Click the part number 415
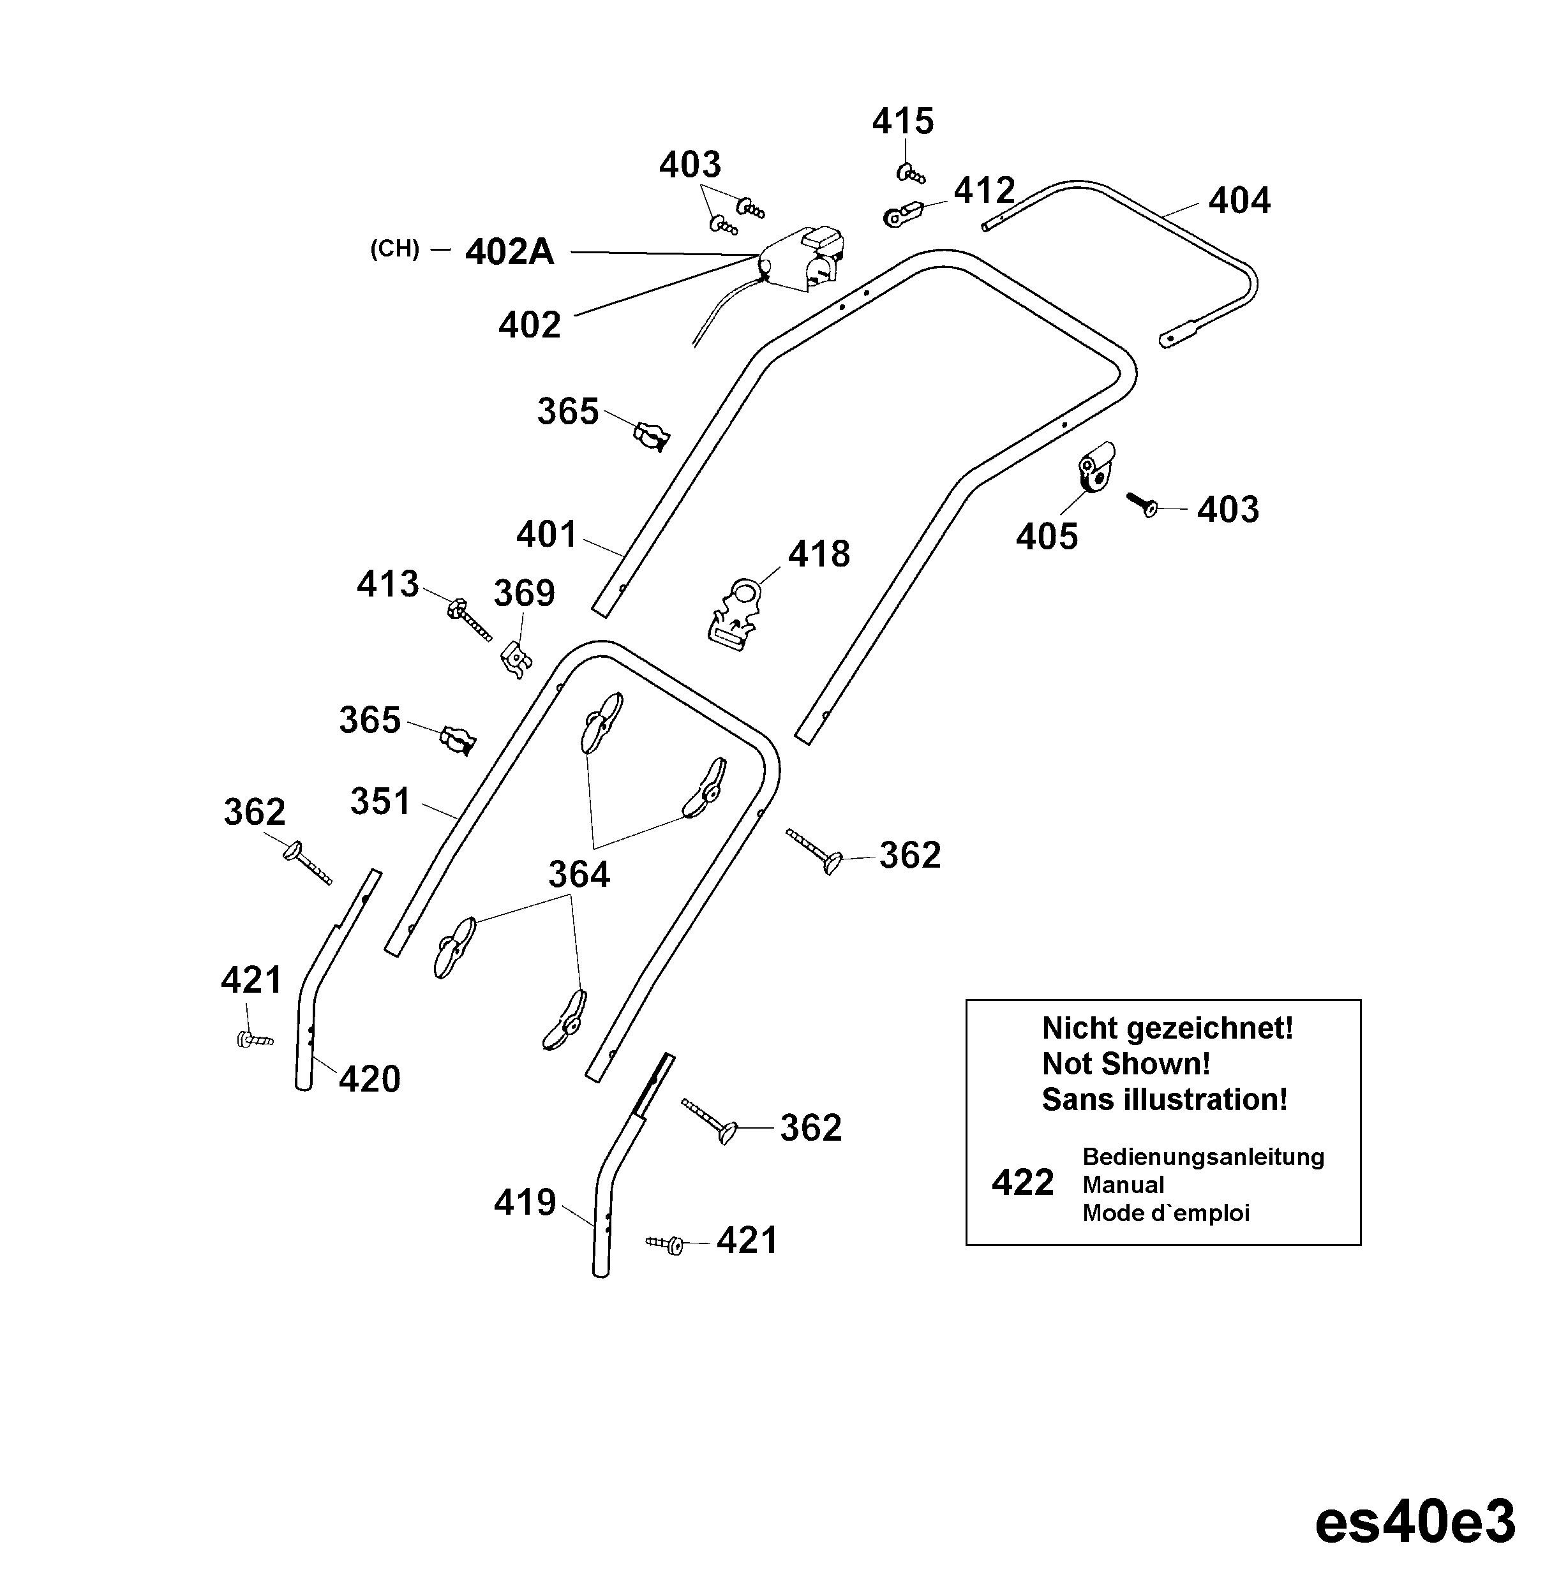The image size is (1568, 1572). pos(902,122)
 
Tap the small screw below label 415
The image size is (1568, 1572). pos(911,174)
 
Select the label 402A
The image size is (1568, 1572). pos(509,252)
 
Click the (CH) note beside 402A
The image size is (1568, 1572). pos(394,249)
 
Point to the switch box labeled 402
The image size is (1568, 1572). pos(802,259)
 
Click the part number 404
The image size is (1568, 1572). pos(1239,201)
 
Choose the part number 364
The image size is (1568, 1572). pos(579,875)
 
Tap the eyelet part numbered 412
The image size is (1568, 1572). pos(902,214)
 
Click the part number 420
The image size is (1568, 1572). pos(370,1079)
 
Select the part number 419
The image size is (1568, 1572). pos(525,1203)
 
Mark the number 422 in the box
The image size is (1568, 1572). pos(1023,1183)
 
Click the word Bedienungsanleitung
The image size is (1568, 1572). pos(1204,1157)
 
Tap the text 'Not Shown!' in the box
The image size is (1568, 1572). pos(1126,1064)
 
